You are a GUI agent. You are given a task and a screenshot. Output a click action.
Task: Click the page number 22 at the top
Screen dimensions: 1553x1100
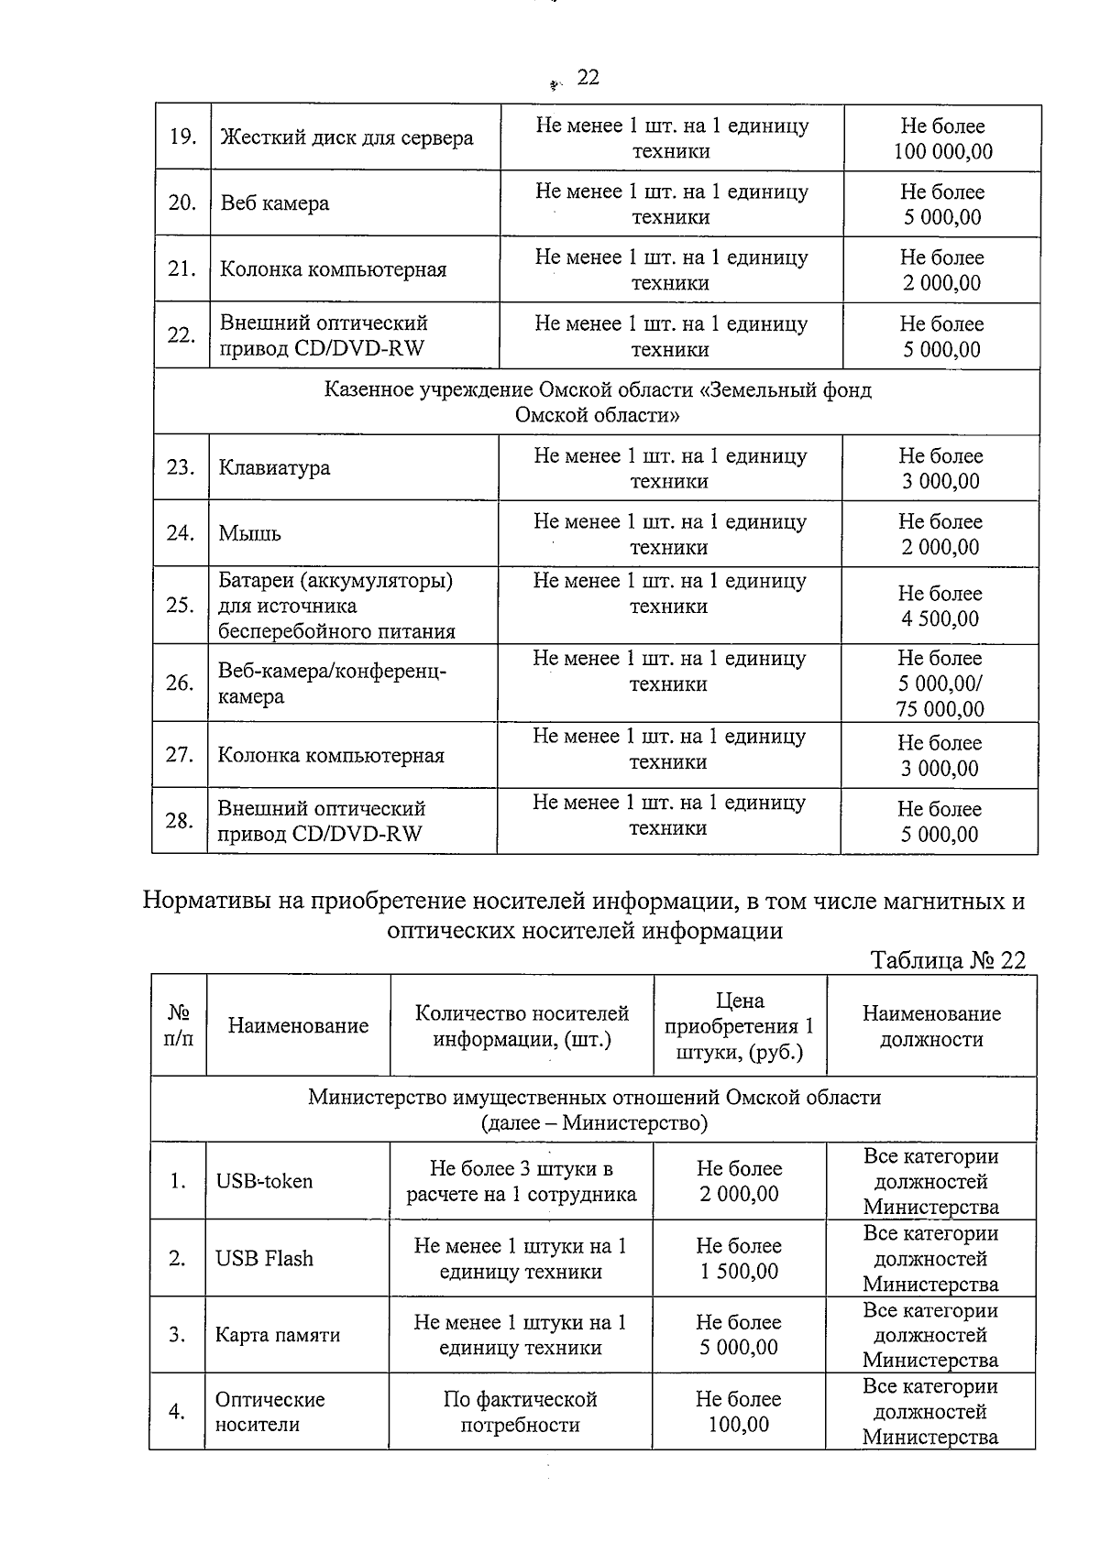pos(588,78)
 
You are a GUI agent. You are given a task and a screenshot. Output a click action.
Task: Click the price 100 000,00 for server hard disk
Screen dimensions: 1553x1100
pos(943,152)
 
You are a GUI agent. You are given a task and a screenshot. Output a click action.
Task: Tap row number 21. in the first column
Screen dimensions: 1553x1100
pos(181,268)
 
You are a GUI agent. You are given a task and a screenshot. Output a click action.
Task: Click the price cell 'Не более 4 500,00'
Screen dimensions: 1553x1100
pos(940,607)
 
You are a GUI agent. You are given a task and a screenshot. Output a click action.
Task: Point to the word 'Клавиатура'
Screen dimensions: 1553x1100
pos(274,468)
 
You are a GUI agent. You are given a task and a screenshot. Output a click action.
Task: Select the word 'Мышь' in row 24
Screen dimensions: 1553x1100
pos(249,534)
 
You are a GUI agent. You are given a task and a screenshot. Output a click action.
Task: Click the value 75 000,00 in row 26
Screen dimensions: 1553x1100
pos(940,709)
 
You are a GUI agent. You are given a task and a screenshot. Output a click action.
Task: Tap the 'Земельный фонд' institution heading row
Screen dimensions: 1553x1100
pos(598,402)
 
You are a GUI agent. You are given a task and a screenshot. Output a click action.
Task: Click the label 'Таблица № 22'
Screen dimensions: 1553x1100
pos(948,960)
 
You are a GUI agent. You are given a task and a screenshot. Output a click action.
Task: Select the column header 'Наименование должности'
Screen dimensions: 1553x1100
pos(931,1026)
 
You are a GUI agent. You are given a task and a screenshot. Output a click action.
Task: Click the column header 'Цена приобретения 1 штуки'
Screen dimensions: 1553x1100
pos(739,1026)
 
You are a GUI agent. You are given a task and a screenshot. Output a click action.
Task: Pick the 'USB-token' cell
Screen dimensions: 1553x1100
pos(264,1182)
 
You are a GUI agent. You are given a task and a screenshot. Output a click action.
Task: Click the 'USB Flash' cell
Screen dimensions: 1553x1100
pos(264,1259)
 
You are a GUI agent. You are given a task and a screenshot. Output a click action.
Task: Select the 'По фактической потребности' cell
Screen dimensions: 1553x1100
pos(520,1412)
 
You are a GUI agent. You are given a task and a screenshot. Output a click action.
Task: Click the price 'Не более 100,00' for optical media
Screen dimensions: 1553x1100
pos(738,1412)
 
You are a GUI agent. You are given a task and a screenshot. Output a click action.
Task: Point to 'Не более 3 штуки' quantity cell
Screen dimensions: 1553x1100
pos(521,1182)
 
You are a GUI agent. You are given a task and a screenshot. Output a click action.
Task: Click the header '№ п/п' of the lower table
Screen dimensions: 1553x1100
pos(179,1026)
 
